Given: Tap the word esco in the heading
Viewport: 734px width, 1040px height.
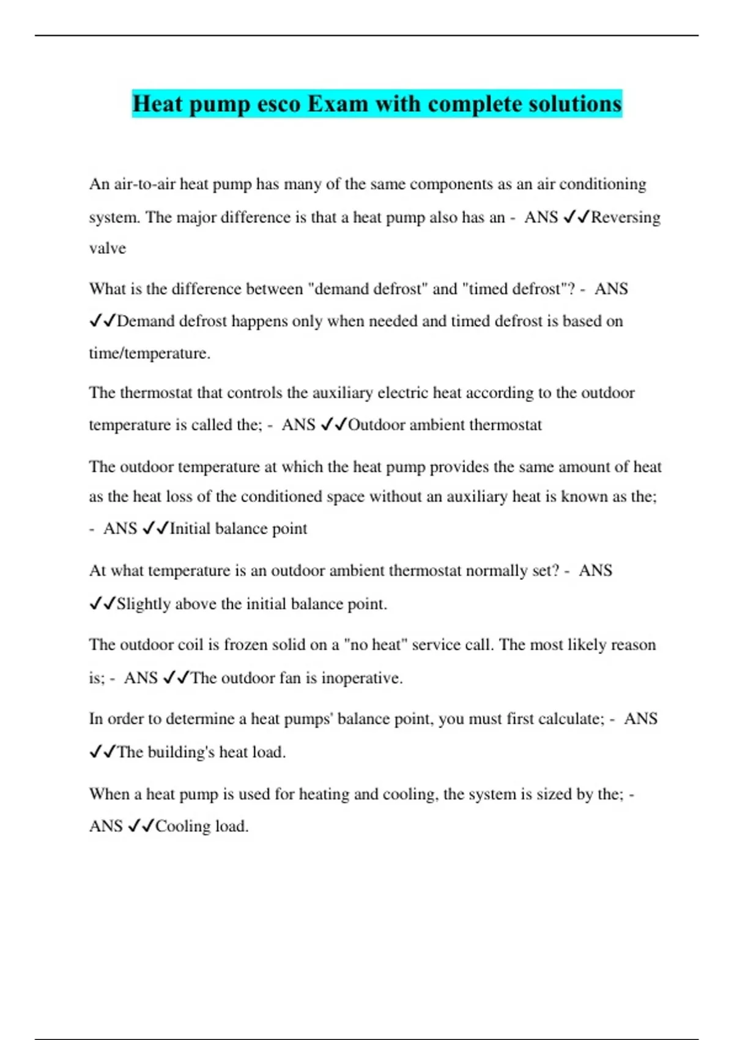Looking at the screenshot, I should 278,104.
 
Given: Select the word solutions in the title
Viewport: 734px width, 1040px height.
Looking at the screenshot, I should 575,104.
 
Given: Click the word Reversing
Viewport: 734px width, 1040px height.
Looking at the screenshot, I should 626,218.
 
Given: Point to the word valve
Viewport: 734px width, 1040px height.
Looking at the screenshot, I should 108,248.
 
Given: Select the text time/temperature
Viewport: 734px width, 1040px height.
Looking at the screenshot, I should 150,354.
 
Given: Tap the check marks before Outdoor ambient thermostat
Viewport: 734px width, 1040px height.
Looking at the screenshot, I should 334,425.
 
